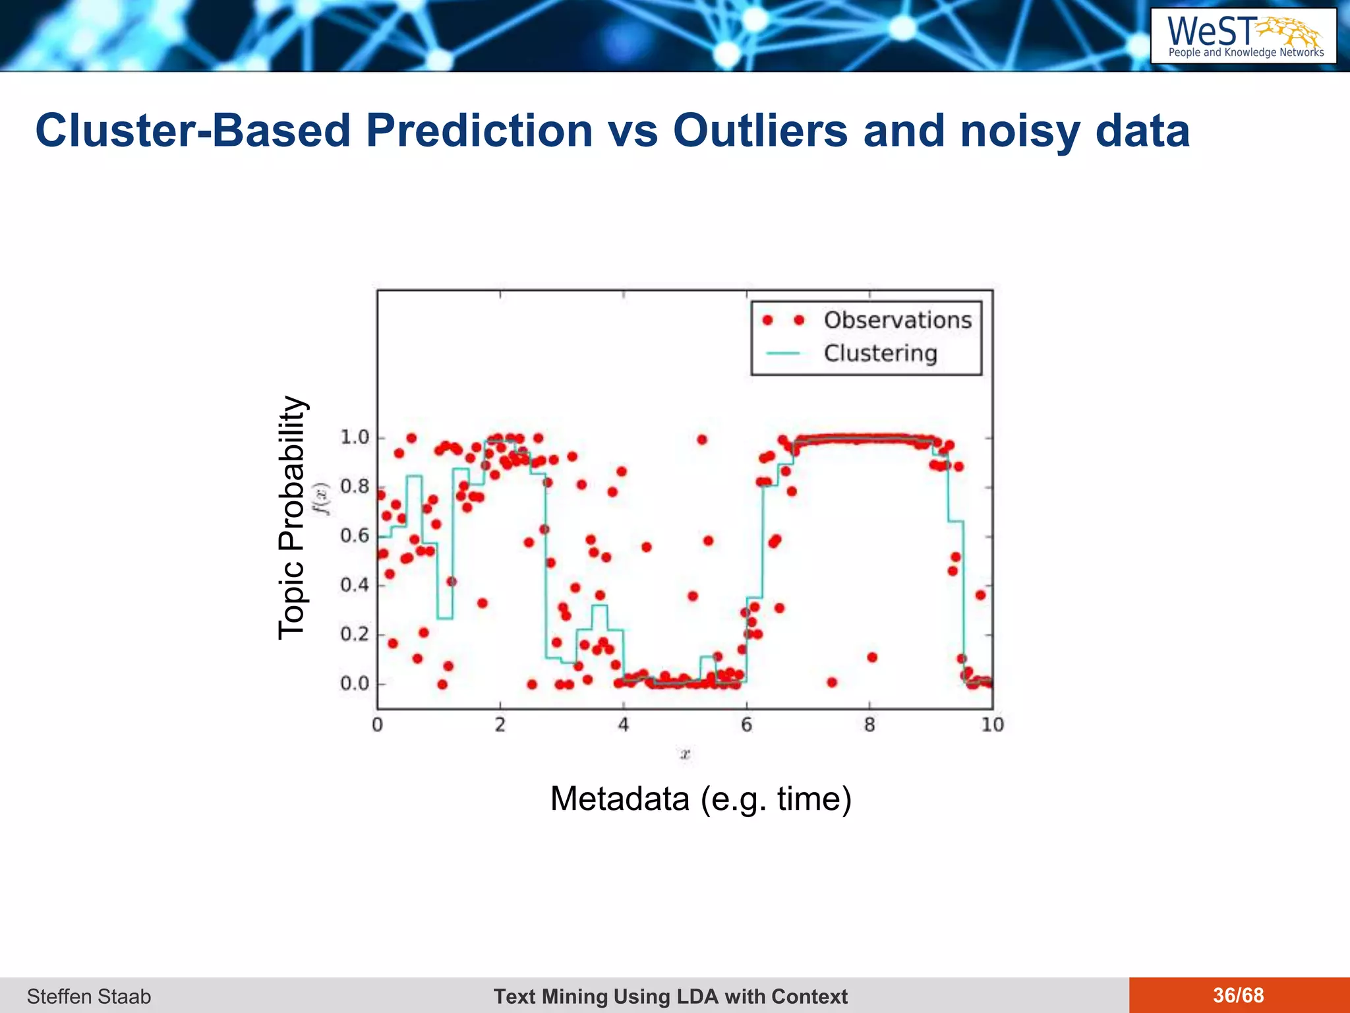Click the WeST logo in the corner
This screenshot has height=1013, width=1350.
click(1243, 36)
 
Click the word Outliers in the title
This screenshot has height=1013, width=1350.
click(760, 131)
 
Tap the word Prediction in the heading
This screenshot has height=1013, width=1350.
click(479, 131)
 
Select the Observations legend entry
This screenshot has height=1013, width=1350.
click(897, 321)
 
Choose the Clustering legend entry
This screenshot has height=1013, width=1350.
click(880, 353)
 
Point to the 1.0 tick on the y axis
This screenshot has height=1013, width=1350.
click(354, 437)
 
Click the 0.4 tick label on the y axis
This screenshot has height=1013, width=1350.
click(354, 585)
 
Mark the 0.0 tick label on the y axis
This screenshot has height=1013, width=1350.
click(354, 684)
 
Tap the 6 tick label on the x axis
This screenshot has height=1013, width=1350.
click(746, 725)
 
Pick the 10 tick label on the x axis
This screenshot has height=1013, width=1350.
click(992, 725)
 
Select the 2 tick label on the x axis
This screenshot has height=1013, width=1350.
click(500, 725)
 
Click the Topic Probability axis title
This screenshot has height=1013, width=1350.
click(291, 518)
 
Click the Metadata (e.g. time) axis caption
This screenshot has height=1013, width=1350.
click(701, 799)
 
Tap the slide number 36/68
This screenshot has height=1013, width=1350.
click(1238, 995)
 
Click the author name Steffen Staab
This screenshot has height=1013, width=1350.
click(89, 997)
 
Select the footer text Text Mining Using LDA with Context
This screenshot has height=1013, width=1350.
click(670, 997)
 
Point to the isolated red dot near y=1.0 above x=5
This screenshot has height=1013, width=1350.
click(701, 440)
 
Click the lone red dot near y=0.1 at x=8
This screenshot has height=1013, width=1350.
click(872, 658)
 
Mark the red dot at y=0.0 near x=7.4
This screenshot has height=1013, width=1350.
click(832, 683)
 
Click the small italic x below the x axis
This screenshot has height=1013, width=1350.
click(686, 754)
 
